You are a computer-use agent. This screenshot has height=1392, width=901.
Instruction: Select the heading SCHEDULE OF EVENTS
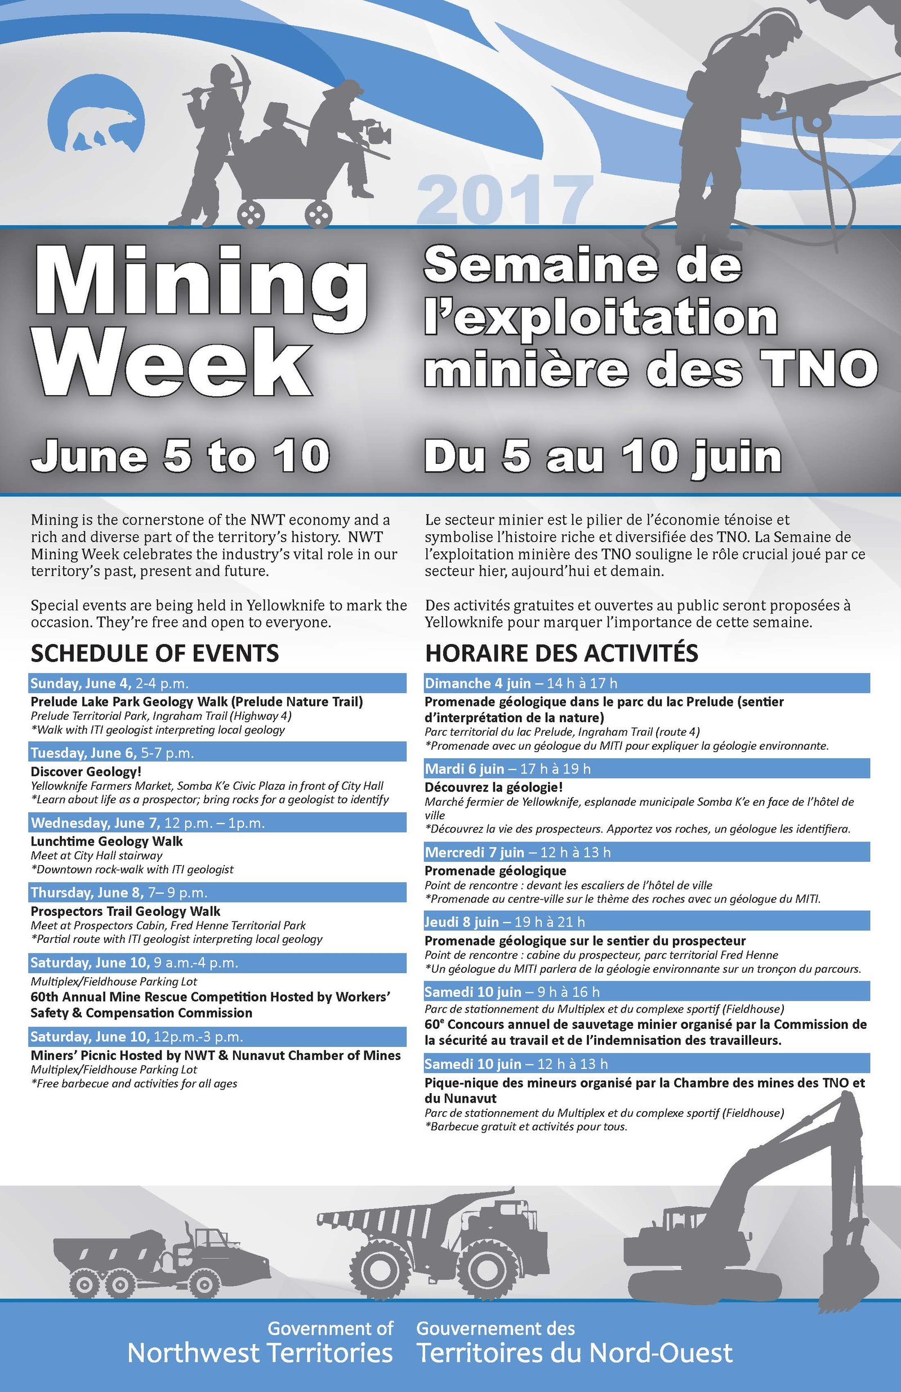click(x=154, y=653)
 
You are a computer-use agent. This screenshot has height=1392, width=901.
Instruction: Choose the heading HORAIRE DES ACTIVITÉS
click(x=561, y=653)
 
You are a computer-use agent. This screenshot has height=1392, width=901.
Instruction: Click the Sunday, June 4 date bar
click(x=217, y=683)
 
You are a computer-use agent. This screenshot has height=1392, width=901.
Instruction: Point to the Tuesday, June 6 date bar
click(x=217, y=753)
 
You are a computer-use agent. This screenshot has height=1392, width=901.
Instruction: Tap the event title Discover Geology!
click(x=86, y=771)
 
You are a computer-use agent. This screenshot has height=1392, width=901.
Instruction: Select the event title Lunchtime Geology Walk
click(x=106, y=841)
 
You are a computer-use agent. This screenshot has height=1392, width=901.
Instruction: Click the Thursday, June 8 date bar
click(x=217, y=892)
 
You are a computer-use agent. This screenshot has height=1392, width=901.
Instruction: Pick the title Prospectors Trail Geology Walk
click(x=125, y=911)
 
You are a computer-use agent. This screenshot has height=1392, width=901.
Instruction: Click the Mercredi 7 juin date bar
click(x=646, y=852)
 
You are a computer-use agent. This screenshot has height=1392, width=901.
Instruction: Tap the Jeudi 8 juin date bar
click(x=646, y=921)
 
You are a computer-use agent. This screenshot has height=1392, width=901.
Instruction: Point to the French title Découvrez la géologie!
click(x=494, y=787)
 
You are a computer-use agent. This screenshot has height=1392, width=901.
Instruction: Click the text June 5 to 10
click(x=180, y=455)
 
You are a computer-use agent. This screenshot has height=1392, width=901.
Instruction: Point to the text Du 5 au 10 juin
click(x=603, y=455)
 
